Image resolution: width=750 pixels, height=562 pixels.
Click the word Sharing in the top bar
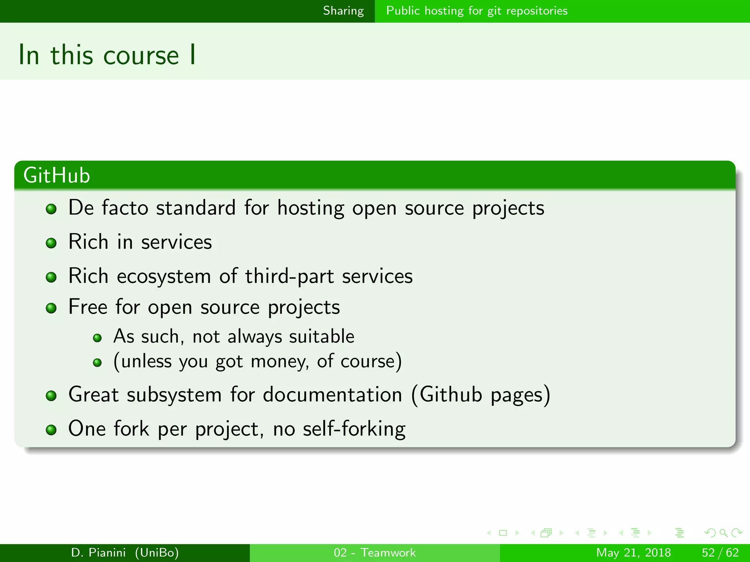pos(343,11)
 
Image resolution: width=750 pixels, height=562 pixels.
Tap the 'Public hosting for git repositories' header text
pos(477,11)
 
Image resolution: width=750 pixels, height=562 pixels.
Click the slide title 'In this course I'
pos(107,55)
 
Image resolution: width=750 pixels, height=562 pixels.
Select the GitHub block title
pos(57,175)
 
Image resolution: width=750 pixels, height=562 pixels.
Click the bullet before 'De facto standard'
pos(51,209)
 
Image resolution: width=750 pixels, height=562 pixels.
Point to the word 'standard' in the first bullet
pos(196,208)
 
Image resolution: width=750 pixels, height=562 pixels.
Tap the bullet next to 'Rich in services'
pos(51,243)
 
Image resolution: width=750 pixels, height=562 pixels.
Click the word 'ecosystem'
pos(164,277)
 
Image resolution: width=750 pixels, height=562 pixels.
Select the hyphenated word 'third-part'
pos(289,277)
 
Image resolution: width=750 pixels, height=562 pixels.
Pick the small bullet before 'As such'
pos(97,338)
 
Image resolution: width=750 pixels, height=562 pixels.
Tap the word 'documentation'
pos(332,395)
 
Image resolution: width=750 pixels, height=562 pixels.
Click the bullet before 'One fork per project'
pos(51,430)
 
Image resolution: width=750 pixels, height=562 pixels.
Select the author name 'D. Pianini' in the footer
pos(99,552)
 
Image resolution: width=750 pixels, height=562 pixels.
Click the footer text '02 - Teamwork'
pos(375,552)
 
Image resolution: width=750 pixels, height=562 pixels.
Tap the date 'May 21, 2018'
pos(633,552)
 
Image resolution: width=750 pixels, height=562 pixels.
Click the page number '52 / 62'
pos(720,552)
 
